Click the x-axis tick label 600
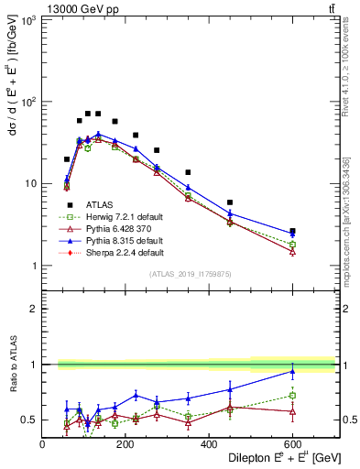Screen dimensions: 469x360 (x=292, y=445)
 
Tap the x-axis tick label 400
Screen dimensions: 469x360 (x=209, y=445)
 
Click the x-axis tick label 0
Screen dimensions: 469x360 (x=43, y=445)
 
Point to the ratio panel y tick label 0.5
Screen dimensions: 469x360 (x=28, y=420)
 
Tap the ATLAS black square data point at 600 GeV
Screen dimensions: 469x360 (x=292, y=231)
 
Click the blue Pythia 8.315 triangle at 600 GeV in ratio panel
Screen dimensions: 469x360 (x=292, y=371)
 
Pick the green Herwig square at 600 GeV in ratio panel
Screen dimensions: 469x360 (x=292, y=396)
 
